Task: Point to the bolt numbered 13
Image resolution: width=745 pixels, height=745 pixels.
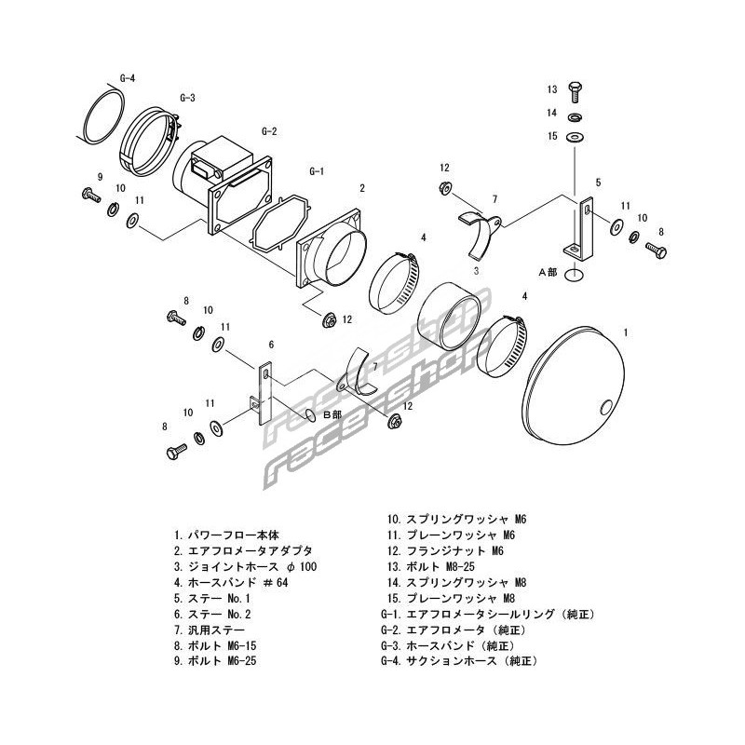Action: pyautogui.click(x=576, y=91)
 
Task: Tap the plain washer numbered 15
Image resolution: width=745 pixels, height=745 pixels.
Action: pyautogui.click(x=576, y=136)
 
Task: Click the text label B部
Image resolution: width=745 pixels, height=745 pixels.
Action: pyautogui.click(x=332, y=413)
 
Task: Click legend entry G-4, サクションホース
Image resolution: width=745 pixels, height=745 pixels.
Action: pyautogui.click(x=460, y=660)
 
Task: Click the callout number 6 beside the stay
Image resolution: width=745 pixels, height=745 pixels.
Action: pyautogui.click(x=271, y=344)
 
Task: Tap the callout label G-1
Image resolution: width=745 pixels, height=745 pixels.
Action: pyautogui.click(x=316, y=172)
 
